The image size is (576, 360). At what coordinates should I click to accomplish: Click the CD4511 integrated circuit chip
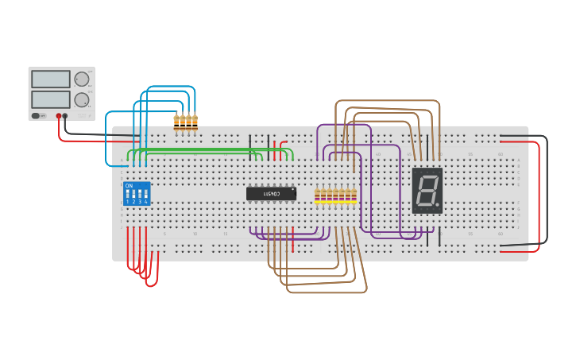point(270,193)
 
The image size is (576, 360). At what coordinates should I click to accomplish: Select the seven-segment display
point(427,191)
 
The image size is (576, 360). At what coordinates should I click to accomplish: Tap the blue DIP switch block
point(136,193)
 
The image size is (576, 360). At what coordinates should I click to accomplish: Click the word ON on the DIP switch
point(129,185)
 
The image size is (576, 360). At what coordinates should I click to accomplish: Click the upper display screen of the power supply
point(50,79)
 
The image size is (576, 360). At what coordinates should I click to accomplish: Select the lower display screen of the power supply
point(50,99)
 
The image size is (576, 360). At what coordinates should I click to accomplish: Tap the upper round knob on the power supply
point(81,79)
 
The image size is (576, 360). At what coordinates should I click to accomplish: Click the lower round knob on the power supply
point(81,100)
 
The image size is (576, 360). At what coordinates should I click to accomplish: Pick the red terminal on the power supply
point(58,116)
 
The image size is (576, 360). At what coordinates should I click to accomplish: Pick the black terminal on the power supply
point(65,116)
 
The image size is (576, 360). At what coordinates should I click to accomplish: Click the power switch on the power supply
point(36,116)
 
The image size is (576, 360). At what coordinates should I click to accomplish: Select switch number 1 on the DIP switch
point(127,194)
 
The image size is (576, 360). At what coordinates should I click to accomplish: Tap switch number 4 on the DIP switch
point(145,194)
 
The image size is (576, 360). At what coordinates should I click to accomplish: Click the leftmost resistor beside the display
point(318,195)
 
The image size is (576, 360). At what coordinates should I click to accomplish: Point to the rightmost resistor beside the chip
point(354,195)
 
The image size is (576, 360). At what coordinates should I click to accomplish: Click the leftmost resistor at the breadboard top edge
point(176,122)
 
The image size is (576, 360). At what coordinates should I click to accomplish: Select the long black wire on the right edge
point(546,191)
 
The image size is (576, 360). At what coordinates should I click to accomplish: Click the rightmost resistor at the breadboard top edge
point(195,122)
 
